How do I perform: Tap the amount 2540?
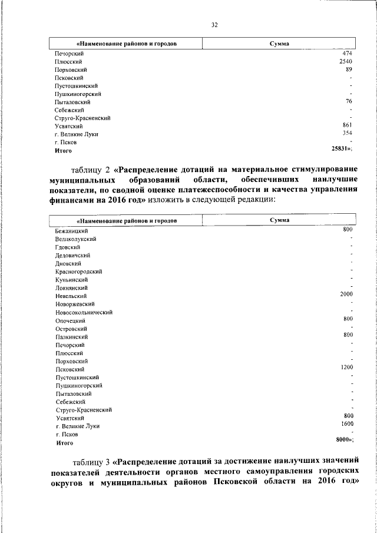click(x=345, y=61)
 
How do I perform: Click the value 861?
click(x=346, y=125)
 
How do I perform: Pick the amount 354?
click(x=346, y=134)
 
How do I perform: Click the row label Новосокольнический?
click(x=84, y=312)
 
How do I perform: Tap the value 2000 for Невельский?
click(x=345, y=294)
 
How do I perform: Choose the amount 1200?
click(x=345, y=367)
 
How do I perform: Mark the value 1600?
click(x=345, y=423)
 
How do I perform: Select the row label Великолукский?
click(x=76, y=239)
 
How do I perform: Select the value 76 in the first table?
click(x=348, y=101)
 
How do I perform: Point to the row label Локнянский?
click(x=72, y=288)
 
